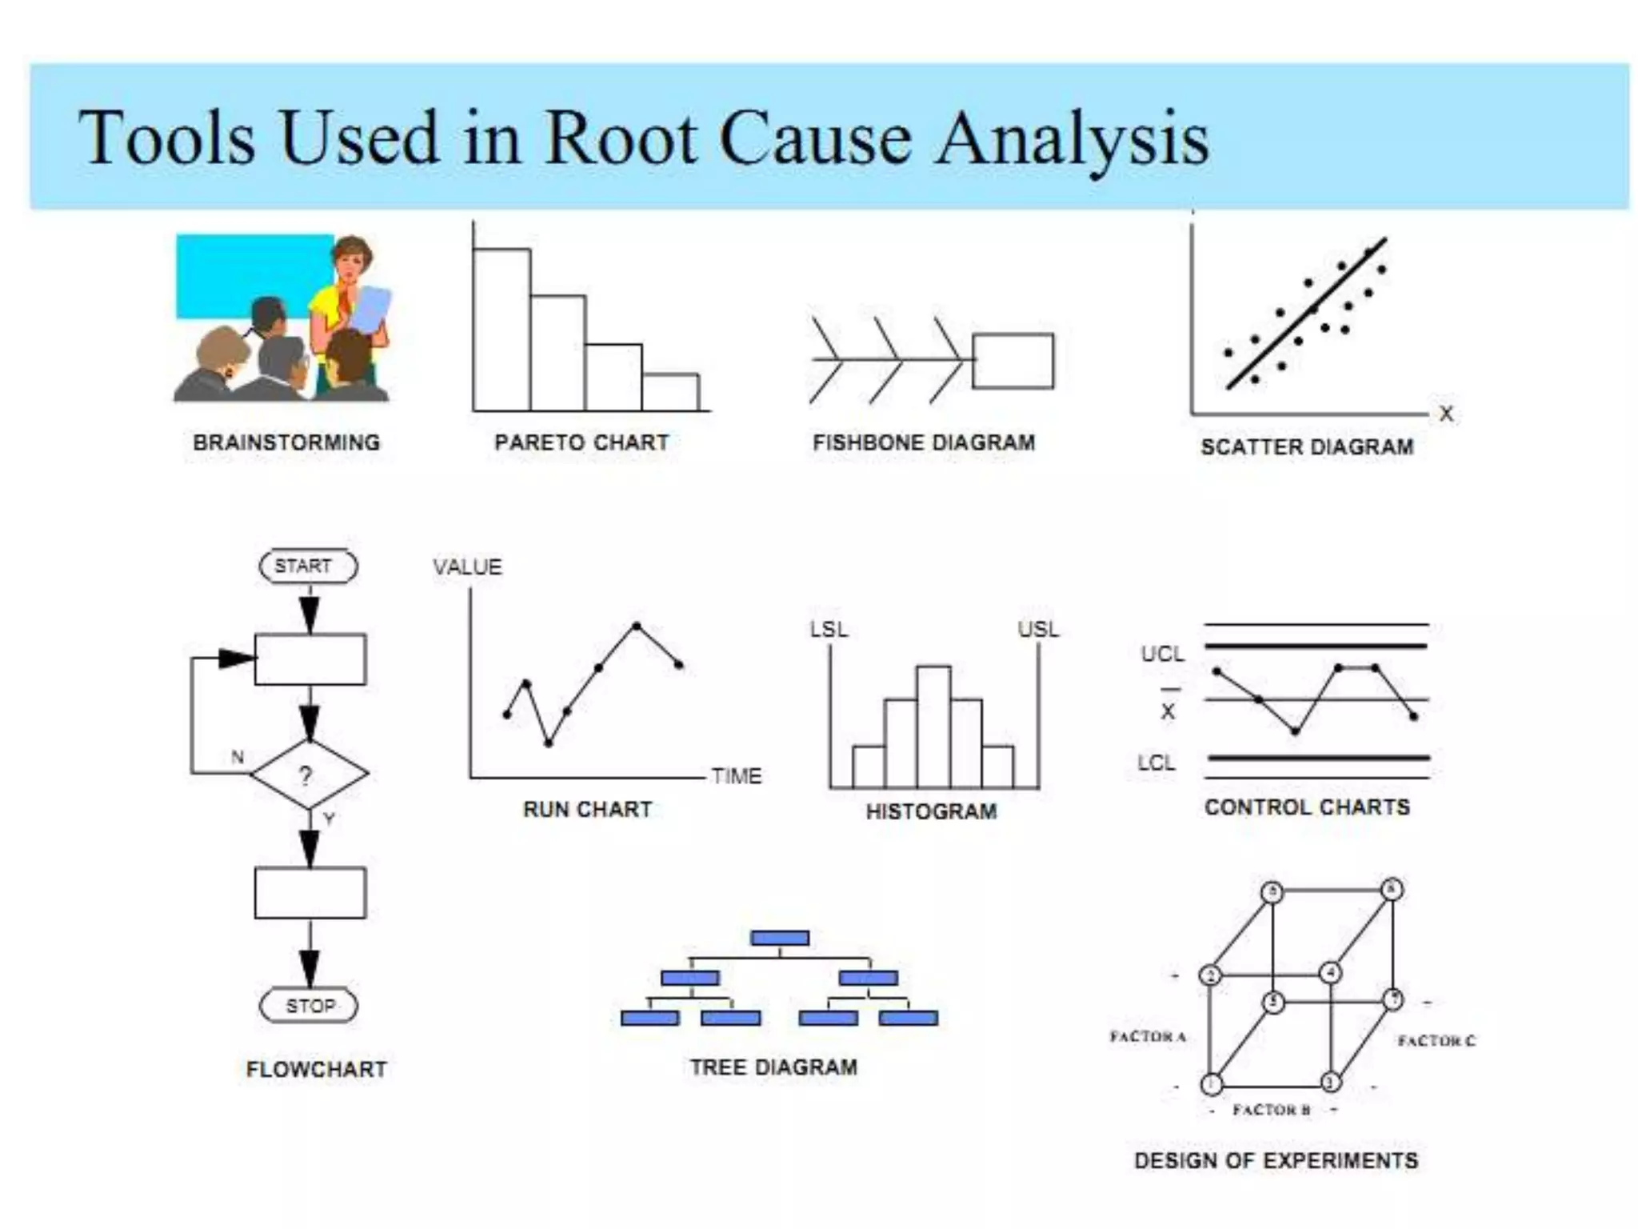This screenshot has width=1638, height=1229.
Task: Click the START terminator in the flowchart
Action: click(x=308, y=566)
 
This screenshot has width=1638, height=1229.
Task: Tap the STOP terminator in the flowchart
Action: click(x=309, y=1006)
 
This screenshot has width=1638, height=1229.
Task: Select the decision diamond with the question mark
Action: click(x=310, y=774)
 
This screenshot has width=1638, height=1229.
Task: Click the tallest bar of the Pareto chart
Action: click(x=501, y=330)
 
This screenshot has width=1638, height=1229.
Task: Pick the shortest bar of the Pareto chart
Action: click(x=670, y=392)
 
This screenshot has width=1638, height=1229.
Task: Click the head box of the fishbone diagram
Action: click(x=1013, y=361)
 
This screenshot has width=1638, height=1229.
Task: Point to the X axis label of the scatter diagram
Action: click(x=1446, y=414)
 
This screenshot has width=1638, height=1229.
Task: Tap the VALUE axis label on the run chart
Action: click(x=468, y=567)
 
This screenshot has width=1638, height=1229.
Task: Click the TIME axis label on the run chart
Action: click(x=737, y=776)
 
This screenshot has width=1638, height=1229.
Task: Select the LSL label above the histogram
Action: click(x=829, y=630)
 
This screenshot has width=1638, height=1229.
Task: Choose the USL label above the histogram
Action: click(x=1038, y=630)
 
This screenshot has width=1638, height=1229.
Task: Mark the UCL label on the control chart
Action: click(x=1162, y=655)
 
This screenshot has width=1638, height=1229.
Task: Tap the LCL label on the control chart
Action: click(x=1157, y=763)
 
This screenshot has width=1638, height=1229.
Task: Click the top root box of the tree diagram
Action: click(x=780, y=938)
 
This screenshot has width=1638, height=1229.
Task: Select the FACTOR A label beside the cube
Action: click(x=1148, y=1036)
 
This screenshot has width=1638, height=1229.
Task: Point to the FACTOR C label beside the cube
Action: click(x=1436, y=1040)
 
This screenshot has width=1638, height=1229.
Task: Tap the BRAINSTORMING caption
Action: click(x=286, y=442)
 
